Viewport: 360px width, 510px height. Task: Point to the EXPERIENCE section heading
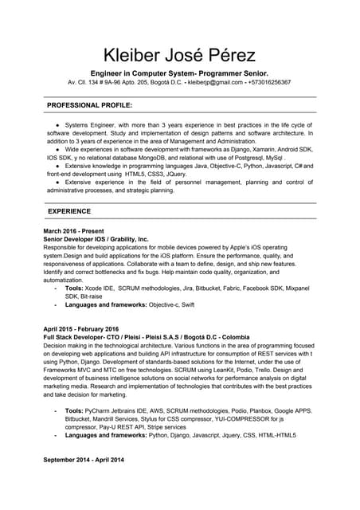pyautogui.click(x=69, y=211)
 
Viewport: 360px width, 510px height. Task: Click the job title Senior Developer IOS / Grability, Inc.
pyautogui.click(x=96, y=238)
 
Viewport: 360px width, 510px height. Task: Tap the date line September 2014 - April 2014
pyautogui.click(x=84, y=461)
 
